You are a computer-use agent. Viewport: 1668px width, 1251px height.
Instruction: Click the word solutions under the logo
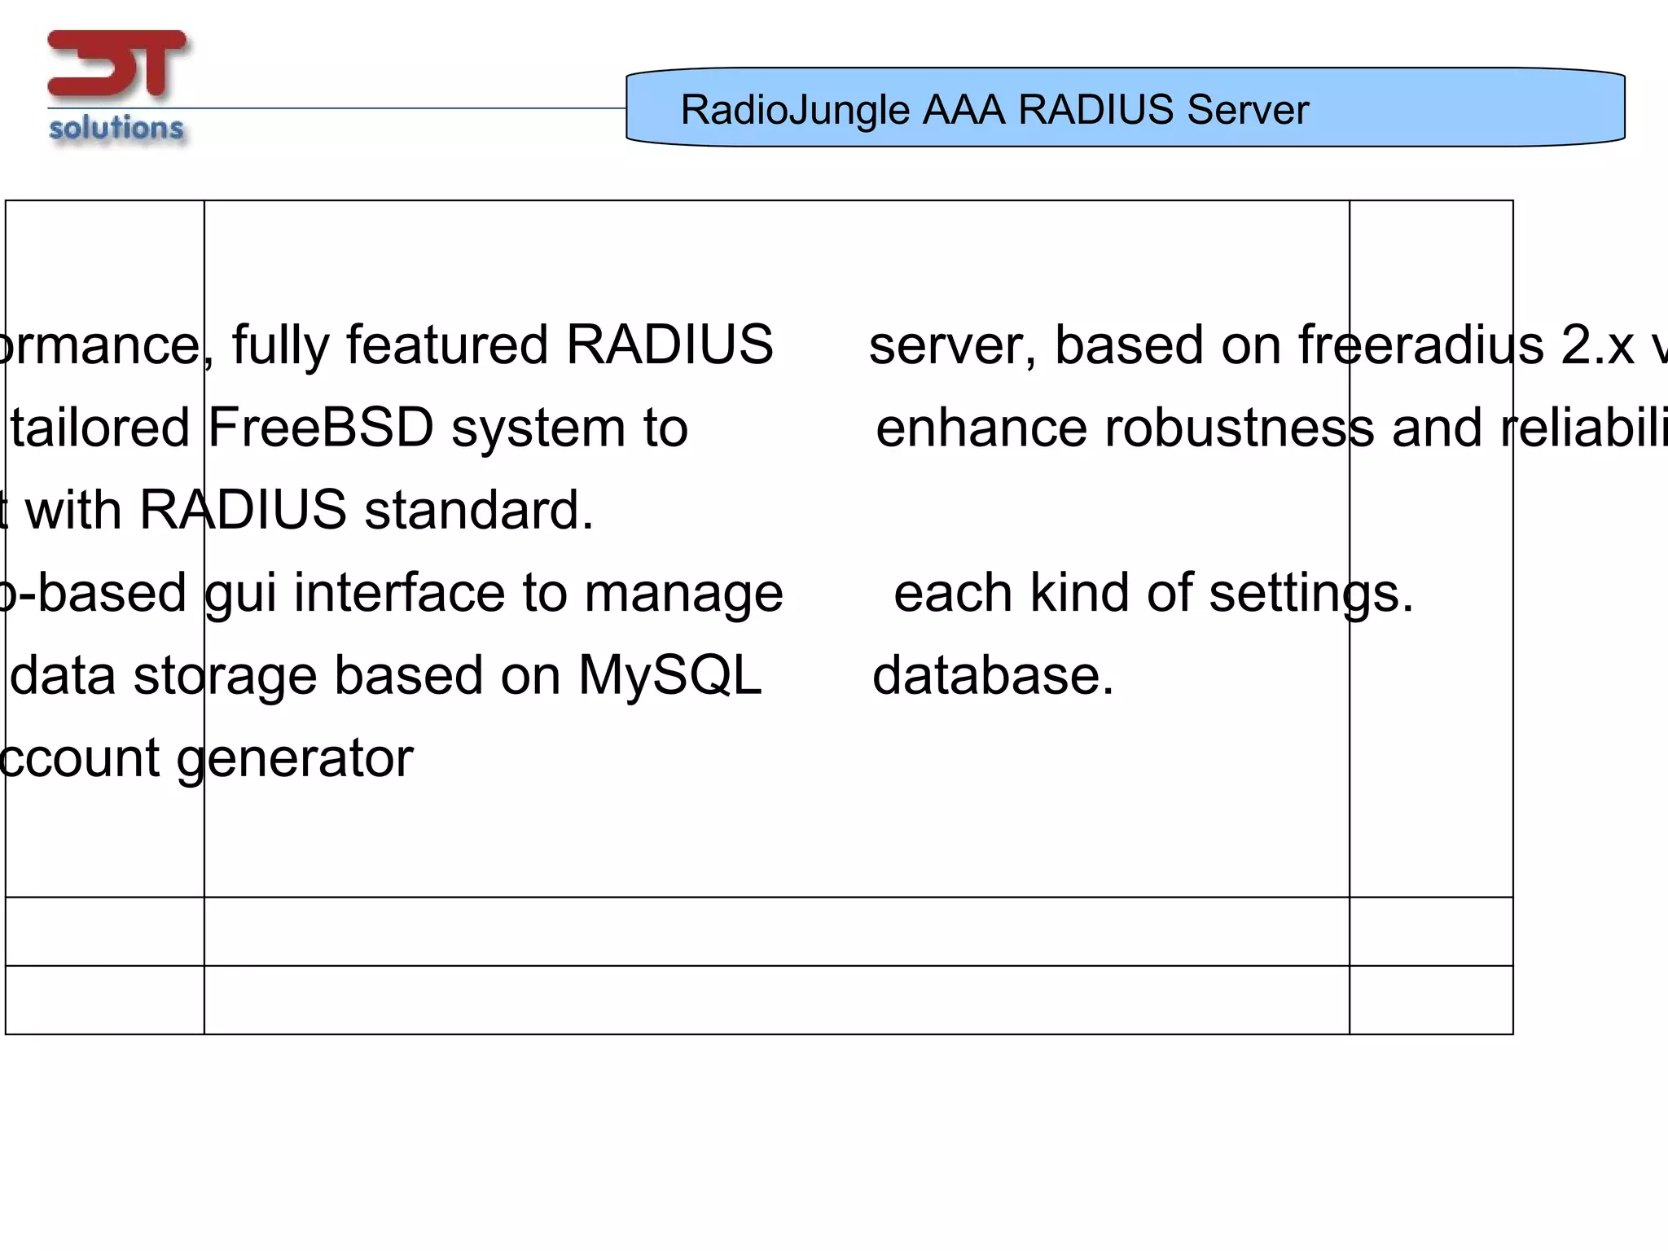(x=116, y=129)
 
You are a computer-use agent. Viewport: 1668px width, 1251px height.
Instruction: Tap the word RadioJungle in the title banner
(x=794, y=110)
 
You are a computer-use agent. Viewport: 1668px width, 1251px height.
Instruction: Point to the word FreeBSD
(x=321, y=428)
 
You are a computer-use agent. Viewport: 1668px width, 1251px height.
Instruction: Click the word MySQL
(x=669, y=675)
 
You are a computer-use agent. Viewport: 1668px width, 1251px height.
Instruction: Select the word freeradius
(x=1420, y=345)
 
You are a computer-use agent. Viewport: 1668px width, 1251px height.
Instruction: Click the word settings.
(x=1311, y=594)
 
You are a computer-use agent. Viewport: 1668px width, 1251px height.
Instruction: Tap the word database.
(x=993, y=675)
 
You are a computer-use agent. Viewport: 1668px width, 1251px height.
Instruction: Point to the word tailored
(x=99, y=428)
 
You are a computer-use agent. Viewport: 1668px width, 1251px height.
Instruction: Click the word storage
(x=225, y=677)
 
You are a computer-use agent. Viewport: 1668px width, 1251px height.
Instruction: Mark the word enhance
(x=981, y=428)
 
